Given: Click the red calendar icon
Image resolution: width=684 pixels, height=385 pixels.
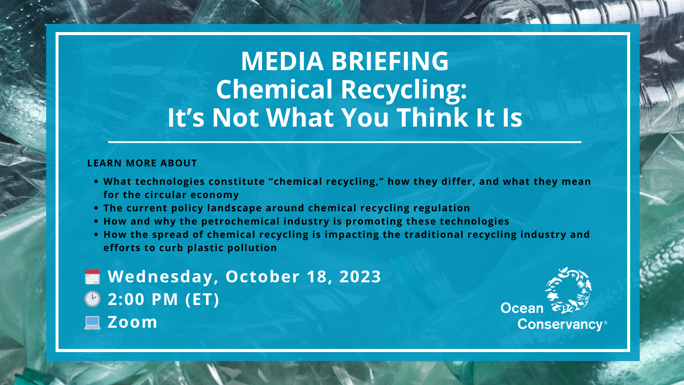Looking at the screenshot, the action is pyautogui.click(x=92, y=276).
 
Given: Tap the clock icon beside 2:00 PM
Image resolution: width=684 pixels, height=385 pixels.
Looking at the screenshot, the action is pyautogui.click(x=92, y=299).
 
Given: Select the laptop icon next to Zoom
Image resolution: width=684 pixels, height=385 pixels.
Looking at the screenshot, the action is pyautogui.click(x=92, y=323).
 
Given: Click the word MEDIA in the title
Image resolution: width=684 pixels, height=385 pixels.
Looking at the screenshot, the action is pyautogui.click(x=283, y=61).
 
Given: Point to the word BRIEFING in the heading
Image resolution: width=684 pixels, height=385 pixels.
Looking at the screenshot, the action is pyautogui.click(x=390, y=61).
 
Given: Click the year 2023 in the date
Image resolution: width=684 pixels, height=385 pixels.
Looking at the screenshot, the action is pyautogui.click(x=360, y=276).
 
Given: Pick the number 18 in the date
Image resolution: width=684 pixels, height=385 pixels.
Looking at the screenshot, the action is pyautogui.click(x=319, y=276).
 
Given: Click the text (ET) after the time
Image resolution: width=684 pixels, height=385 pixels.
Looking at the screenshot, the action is pyautogui.click(x=203, y=299).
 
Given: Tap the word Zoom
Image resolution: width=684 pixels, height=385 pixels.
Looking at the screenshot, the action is pyautogui.click(x=132, y=322).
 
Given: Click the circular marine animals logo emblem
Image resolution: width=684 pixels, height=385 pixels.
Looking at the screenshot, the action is pyautogui.click(x=569, y=290).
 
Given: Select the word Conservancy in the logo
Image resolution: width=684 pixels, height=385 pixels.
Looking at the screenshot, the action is pyautogui.click(x=560, y=325).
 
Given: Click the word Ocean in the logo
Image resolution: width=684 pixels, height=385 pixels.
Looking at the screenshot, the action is pyautogui.click(x=522, y=308).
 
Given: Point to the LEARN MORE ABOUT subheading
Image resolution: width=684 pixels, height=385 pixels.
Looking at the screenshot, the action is pyautogui.click(x=142, y=163).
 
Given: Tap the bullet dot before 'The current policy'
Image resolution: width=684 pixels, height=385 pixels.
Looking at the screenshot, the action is pyautogui.click(x=96, y=208).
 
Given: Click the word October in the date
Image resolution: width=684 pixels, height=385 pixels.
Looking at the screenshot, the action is pyautogui.click(x=262, y=276).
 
